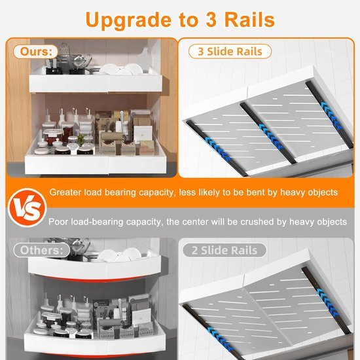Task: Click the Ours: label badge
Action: point(32,50)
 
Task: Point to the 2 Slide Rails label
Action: point(225,250)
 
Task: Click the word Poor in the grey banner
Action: point(60,222)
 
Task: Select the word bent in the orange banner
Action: point(259,193)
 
